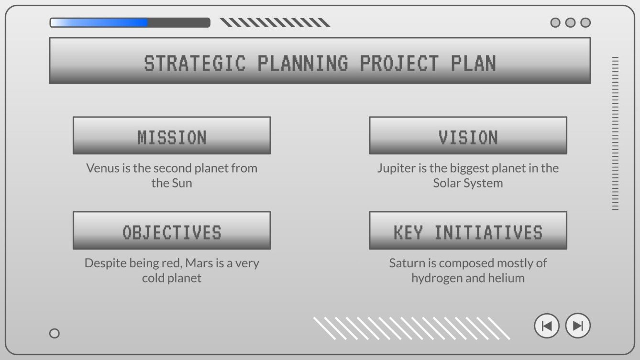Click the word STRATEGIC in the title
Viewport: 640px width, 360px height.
tap(195, 64)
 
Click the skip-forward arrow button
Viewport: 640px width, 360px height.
tap(578, 326)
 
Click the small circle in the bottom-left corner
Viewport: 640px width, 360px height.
tap(55, 333)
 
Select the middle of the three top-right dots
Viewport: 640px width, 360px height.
tap(570, 22)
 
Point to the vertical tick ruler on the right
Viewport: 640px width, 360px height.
tap(615, 133)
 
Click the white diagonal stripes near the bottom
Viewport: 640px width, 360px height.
tap(411, 328)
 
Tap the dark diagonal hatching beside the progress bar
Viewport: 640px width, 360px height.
tap(275, 22)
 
